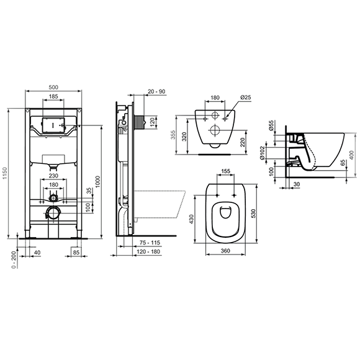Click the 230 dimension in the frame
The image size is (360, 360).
tap(53, 175)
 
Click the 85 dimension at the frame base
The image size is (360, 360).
tap(76, 253)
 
